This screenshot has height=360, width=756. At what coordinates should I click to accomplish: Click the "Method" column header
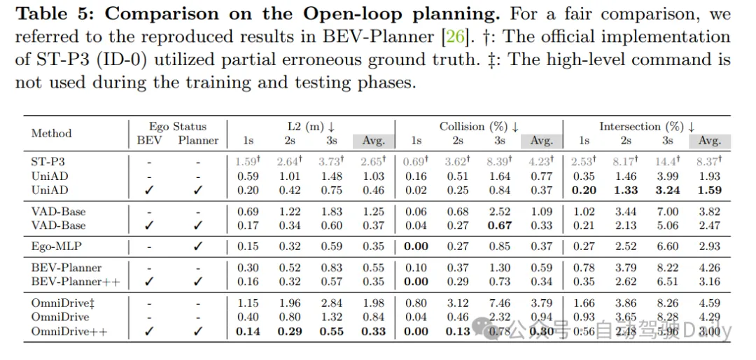point(51,133)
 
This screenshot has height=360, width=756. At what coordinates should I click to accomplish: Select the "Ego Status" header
point(178,127)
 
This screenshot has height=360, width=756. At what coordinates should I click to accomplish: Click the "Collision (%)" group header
point(479,127)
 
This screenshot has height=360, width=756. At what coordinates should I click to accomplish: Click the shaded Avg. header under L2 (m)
point(374,141)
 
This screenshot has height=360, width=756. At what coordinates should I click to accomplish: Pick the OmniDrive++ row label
point(66,331)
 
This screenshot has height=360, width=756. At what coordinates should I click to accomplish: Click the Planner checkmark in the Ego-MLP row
point(199,247)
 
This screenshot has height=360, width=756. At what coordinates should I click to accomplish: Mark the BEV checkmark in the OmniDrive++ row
point(149,331)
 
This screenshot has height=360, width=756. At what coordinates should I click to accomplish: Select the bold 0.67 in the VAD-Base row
point(499,226)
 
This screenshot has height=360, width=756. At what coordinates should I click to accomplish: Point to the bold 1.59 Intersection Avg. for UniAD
point(709,191)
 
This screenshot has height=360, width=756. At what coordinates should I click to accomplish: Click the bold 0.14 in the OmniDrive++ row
point(248,331)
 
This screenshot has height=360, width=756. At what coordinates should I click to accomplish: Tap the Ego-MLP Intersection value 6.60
point(667,247)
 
